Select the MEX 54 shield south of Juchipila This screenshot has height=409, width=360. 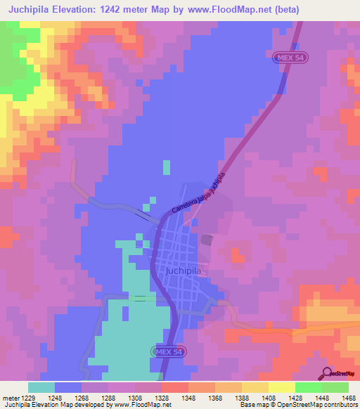pos(167,351)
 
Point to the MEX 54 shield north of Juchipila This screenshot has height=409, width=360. pos(287,58)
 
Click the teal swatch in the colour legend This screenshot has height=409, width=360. pos(41,387)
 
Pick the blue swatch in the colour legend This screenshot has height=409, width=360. pos(68,387)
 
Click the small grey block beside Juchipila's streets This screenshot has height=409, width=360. pos(207,240)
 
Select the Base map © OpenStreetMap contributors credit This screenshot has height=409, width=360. pos(297,404)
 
